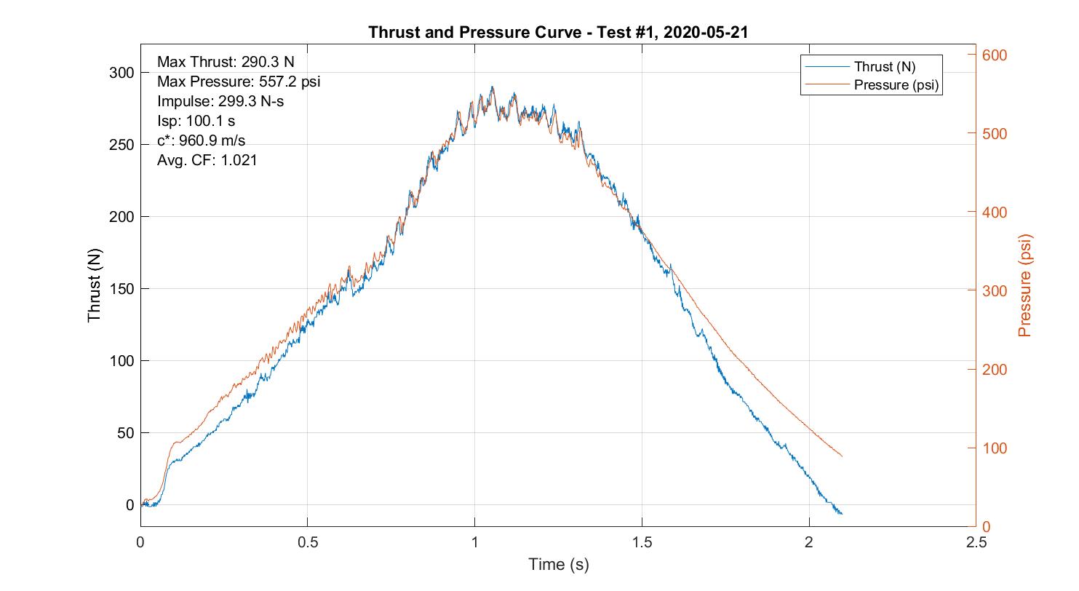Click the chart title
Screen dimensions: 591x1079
[557, 32]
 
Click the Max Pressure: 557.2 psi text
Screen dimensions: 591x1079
[239, 82]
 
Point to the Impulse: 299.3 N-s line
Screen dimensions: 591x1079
[220, 101]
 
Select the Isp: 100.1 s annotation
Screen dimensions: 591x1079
[196, 121]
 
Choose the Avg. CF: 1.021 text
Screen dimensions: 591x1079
[207, 160]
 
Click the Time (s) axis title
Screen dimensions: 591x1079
[558, 564]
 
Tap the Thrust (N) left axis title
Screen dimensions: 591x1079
[95, 289]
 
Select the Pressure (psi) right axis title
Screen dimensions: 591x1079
[1025, 285]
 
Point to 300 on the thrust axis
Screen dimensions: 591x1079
[122, 73]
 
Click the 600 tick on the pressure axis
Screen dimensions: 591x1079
[995, 55]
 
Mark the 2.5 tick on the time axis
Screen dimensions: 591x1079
[976, 542]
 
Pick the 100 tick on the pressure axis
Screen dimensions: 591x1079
[995, 448]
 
